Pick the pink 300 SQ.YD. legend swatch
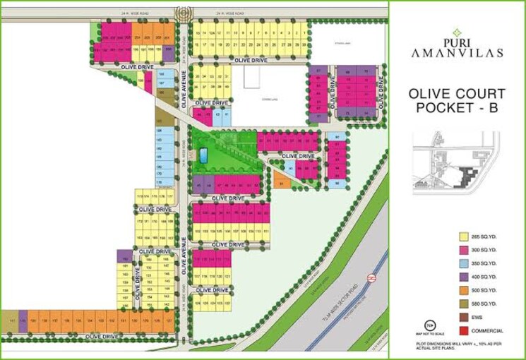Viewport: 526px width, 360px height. [465, 251]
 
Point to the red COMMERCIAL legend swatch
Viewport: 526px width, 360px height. [465, 331]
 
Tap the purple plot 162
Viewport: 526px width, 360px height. [124, 258]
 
